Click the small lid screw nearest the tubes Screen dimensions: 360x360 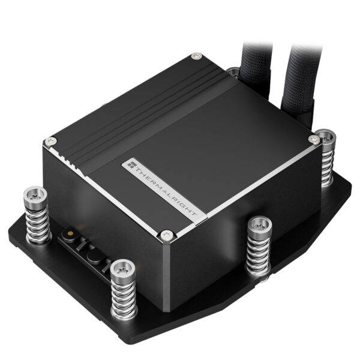196,56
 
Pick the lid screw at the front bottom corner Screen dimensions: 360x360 168,234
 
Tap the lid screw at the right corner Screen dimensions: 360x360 311,139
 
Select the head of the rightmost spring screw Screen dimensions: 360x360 326,136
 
